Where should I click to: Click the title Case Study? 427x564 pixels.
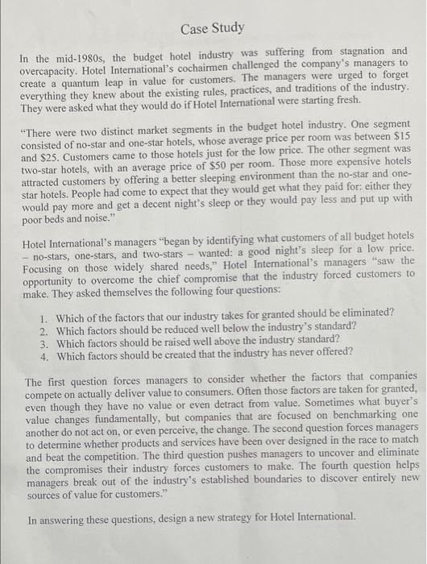(212, 29)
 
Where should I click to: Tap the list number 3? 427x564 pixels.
(44, 340)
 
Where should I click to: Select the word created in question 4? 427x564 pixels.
(187, 354)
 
